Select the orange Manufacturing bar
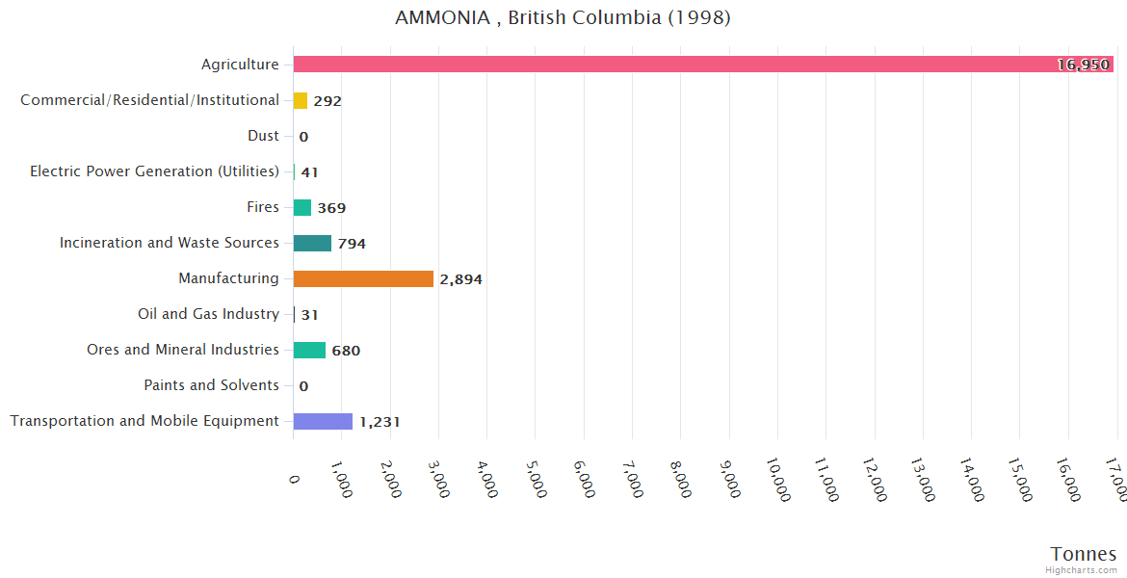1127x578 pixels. (x=363, y=278)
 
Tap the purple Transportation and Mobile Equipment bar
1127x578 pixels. (x=323, y=421)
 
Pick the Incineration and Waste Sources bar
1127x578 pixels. (x=312, y=243)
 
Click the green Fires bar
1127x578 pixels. (x=302, y=207)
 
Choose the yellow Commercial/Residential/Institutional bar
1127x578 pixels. (x=301, y=100)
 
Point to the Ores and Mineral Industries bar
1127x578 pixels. (x=309, y=350)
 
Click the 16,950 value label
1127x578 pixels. (x=1083, y=65)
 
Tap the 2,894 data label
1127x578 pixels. (x=460, y=279)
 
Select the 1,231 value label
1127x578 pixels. (x=380, y=422)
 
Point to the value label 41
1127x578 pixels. (x=309, y=172)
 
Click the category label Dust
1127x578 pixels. (x=263, y=136)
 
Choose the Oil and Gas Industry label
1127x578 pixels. (x=209, y=314)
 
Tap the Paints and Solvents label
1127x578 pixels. (x=212, y=385)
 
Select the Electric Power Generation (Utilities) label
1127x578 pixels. (x=154, y=171)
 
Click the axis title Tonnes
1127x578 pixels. (x=1083, y=554)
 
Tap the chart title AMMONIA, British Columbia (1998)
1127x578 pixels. (x=563, y=18)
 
